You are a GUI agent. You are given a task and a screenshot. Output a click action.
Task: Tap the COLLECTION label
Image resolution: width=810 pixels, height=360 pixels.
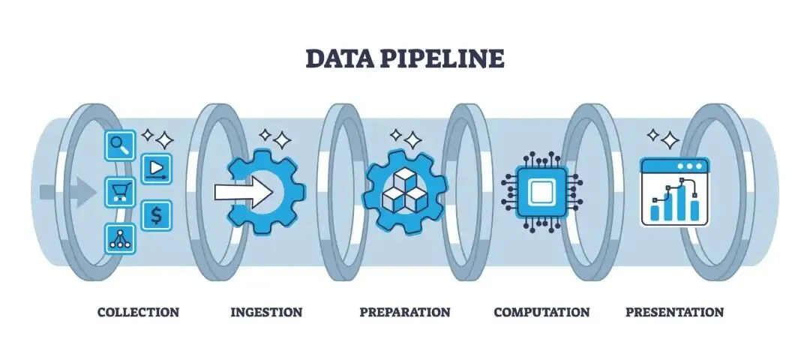coord(138,312)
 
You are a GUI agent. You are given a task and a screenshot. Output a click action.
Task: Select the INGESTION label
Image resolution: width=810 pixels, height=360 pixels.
coord(266,312)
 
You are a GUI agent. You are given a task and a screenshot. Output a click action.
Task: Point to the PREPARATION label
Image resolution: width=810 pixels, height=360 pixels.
coord(405,312)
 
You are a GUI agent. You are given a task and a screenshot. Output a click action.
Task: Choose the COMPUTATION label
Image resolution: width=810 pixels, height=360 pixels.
coord(541,312)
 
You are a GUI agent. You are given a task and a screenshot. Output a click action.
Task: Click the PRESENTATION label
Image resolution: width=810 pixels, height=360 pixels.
coord(674,312)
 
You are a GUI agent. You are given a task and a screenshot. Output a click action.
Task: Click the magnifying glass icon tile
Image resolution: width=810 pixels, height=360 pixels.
coord(120,144)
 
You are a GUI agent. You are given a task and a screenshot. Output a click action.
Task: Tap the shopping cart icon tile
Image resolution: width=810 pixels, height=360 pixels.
coord(120,191)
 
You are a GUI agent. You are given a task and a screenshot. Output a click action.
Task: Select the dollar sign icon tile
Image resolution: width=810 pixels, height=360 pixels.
coord(156,215)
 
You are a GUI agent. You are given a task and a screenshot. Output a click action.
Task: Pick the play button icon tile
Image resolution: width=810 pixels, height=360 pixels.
coord(156,167)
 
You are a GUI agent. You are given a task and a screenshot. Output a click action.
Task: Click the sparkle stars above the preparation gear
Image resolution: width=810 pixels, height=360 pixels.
coord(405,138)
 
